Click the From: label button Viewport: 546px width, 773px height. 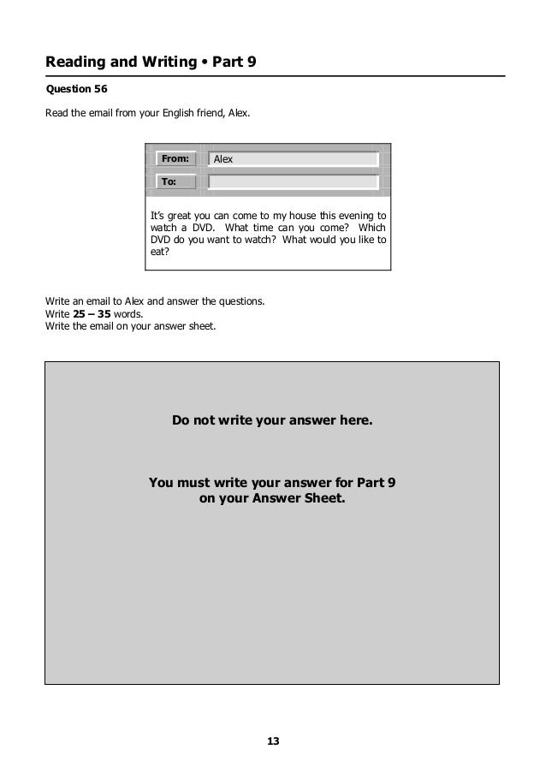coord(175,159)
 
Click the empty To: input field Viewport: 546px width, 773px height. coord(294,181)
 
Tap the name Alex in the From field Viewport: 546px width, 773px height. coord(223,159)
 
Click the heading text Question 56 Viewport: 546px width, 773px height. coord(77,89)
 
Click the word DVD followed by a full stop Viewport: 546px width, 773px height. coord(192,228)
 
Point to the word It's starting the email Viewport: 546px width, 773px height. coord(157,215)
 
